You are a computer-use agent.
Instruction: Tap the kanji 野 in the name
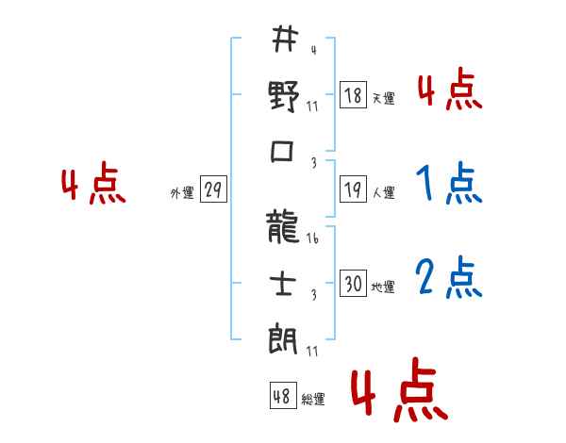click(x=284, y=96)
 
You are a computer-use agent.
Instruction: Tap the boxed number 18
click(x=353, y=95)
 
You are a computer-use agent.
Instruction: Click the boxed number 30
click(x=353, y=284)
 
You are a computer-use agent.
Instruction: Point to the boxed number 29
click(x=213, y=190)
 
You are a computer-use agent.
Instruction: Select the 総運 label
click(x=313, y=400)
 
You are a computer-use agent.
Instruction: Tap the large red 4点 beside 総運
click(x=398, y=394)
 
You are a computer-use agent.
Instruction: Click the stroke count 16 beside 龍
click(x=312, y=238)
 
